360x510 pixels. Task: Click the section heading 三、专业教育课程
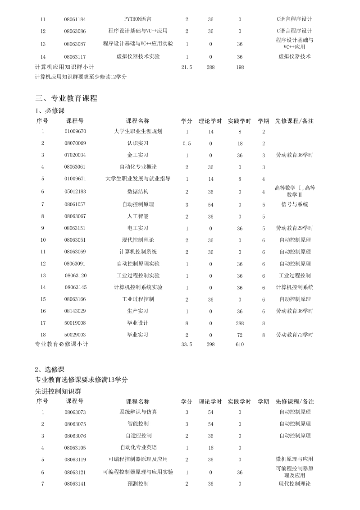point(66,98)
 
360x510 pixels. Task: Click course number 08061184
point(75,19)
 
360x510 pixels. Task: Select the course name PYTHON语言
point(138,19)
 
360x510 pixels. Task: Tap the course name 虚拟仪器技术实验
point(138,56)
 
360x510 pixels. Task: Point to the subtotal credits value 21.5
point(187,67)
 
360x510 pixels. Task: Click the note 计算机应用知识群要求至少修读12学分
point(81,77)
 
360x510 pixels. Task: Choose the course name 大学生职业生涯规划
point(138,131)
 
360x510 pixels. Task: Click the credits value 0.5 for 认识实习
point(187,143)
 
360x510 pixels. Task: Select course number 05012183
point(75,191)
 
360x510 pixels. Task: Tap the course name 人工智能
point(138,216)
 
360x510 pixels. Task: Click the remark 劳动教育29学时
point(295,228)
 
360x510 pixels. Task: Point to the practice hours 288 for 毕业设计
point(240,323)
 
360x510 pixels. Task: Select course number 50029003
point(75,335)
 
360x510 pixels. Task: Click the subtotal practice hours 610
point(240,345)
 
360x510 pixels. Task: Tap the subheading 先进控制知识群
point(58,391)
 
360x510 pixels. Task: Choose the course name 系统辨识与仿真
point(138,412)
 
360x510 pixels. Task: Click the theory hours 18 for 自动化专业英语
point(210,447)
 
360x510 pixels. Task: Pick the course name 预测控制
point(138,484)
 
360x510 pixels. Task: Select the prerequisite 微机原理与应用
point(295,459)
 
